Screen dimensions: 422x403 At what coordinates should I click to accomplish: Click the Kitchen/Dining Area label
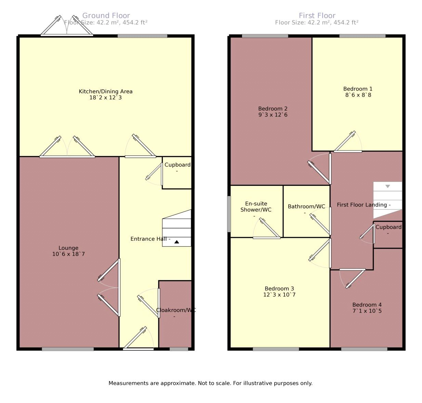[105, 91]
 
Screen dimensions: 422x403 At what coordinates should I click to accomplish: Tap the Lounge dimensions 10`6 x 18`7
[68, 254]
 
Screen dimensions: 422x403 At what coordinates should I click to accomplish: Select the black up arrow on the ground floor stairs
[176, 242]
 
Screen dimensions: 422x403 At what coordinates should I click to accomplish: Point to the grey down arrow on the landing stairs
[388, 186]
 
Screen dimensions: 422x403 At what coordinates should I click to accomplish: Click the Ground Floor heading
[106, 16]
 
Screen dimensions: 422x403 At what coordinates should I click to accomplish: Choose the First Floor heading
[317, 16]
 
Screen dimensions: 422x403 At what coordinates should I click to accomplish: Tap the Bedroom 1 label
[358, 89]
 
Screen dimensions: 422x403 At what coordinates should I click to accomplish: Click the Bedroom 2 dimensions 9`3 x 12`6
[273, 115]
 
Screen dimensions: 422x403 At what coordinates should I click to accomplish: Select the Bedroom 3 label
[279, 288]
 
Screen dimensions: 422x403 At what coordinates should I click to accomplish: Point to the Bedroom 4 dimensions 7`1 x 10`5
[367, 311]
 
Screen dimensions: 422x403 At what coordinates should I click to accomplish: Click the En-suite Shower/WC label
[256, 206]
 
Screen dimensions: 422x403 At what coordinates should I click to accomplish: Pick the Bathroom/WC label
[306, 206]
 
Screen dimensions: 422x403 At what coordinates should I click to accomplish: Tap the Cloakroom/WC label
[176, 310]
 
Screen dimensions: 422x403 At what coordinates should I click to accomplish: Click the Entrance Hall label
[148, 239]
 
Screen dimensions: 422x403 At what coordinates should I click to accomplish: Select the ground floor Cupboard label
[177, 165]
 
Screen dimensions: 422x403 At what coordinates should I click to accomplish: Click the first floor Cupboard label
[388, 227]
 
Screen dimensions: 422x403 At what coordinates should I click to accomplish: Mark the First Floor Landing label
[362, 205]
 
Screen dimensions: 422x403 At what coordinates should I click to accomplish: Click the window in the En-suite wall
[229, 214]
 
